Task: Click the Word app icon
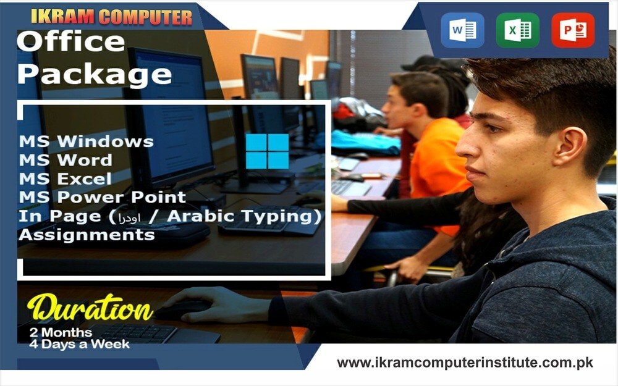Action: click(x=462, y=30)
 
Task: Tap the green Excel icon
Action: click(x=517, y=30)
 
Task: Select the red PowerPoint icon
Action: click(x=573, y=30)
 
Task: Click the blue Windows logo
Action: click(x=267, y=151)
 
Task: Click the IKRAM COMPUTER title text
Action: click(x=111, y=17)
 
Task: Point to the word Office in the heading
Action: click(x=71, y=41)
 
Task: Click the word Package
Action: click(x=95, y=74)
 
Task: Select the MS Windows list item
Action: click(x=87, y=141)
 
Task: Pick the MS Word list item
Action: click(x=66, y=161)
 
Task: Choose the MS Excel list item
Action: click(x=66, y=179)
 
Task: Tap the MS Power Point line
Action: click(x=103, y=197)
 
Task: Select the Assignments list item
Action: click(x=87, y=235)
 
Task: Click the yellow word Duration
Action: click(x=90, y=308)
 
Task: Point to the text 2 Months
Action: click(x=61, y=332)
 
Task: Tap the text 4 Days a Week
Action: click(x=80, y=344)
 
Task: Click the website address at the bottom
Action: click(x=465, y=363)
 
